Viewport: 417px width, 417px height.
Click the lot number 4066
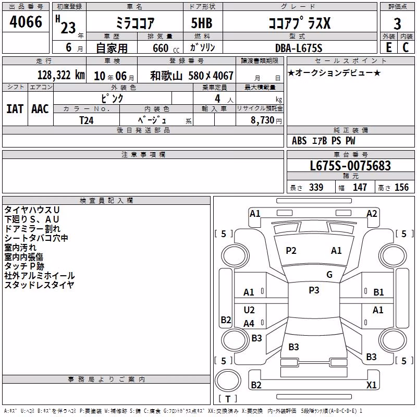[26, 22]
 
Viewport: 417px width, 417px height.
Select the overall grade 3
[397, 24]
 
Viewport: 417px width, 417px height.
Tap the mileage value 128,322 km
[61, 75]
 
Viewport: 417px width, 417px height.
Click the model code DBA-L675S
[299, 48]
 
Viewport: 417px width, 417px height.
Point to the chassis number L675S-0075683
[350, 166]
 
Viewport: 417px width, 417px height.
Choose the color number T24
[87, 120]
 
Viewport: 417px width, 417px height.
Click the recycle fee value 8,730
[262, 120]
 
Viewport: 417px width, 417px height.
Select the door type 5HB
[202, 23]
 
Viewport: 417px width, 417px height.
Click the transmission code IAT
[15, 109]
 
